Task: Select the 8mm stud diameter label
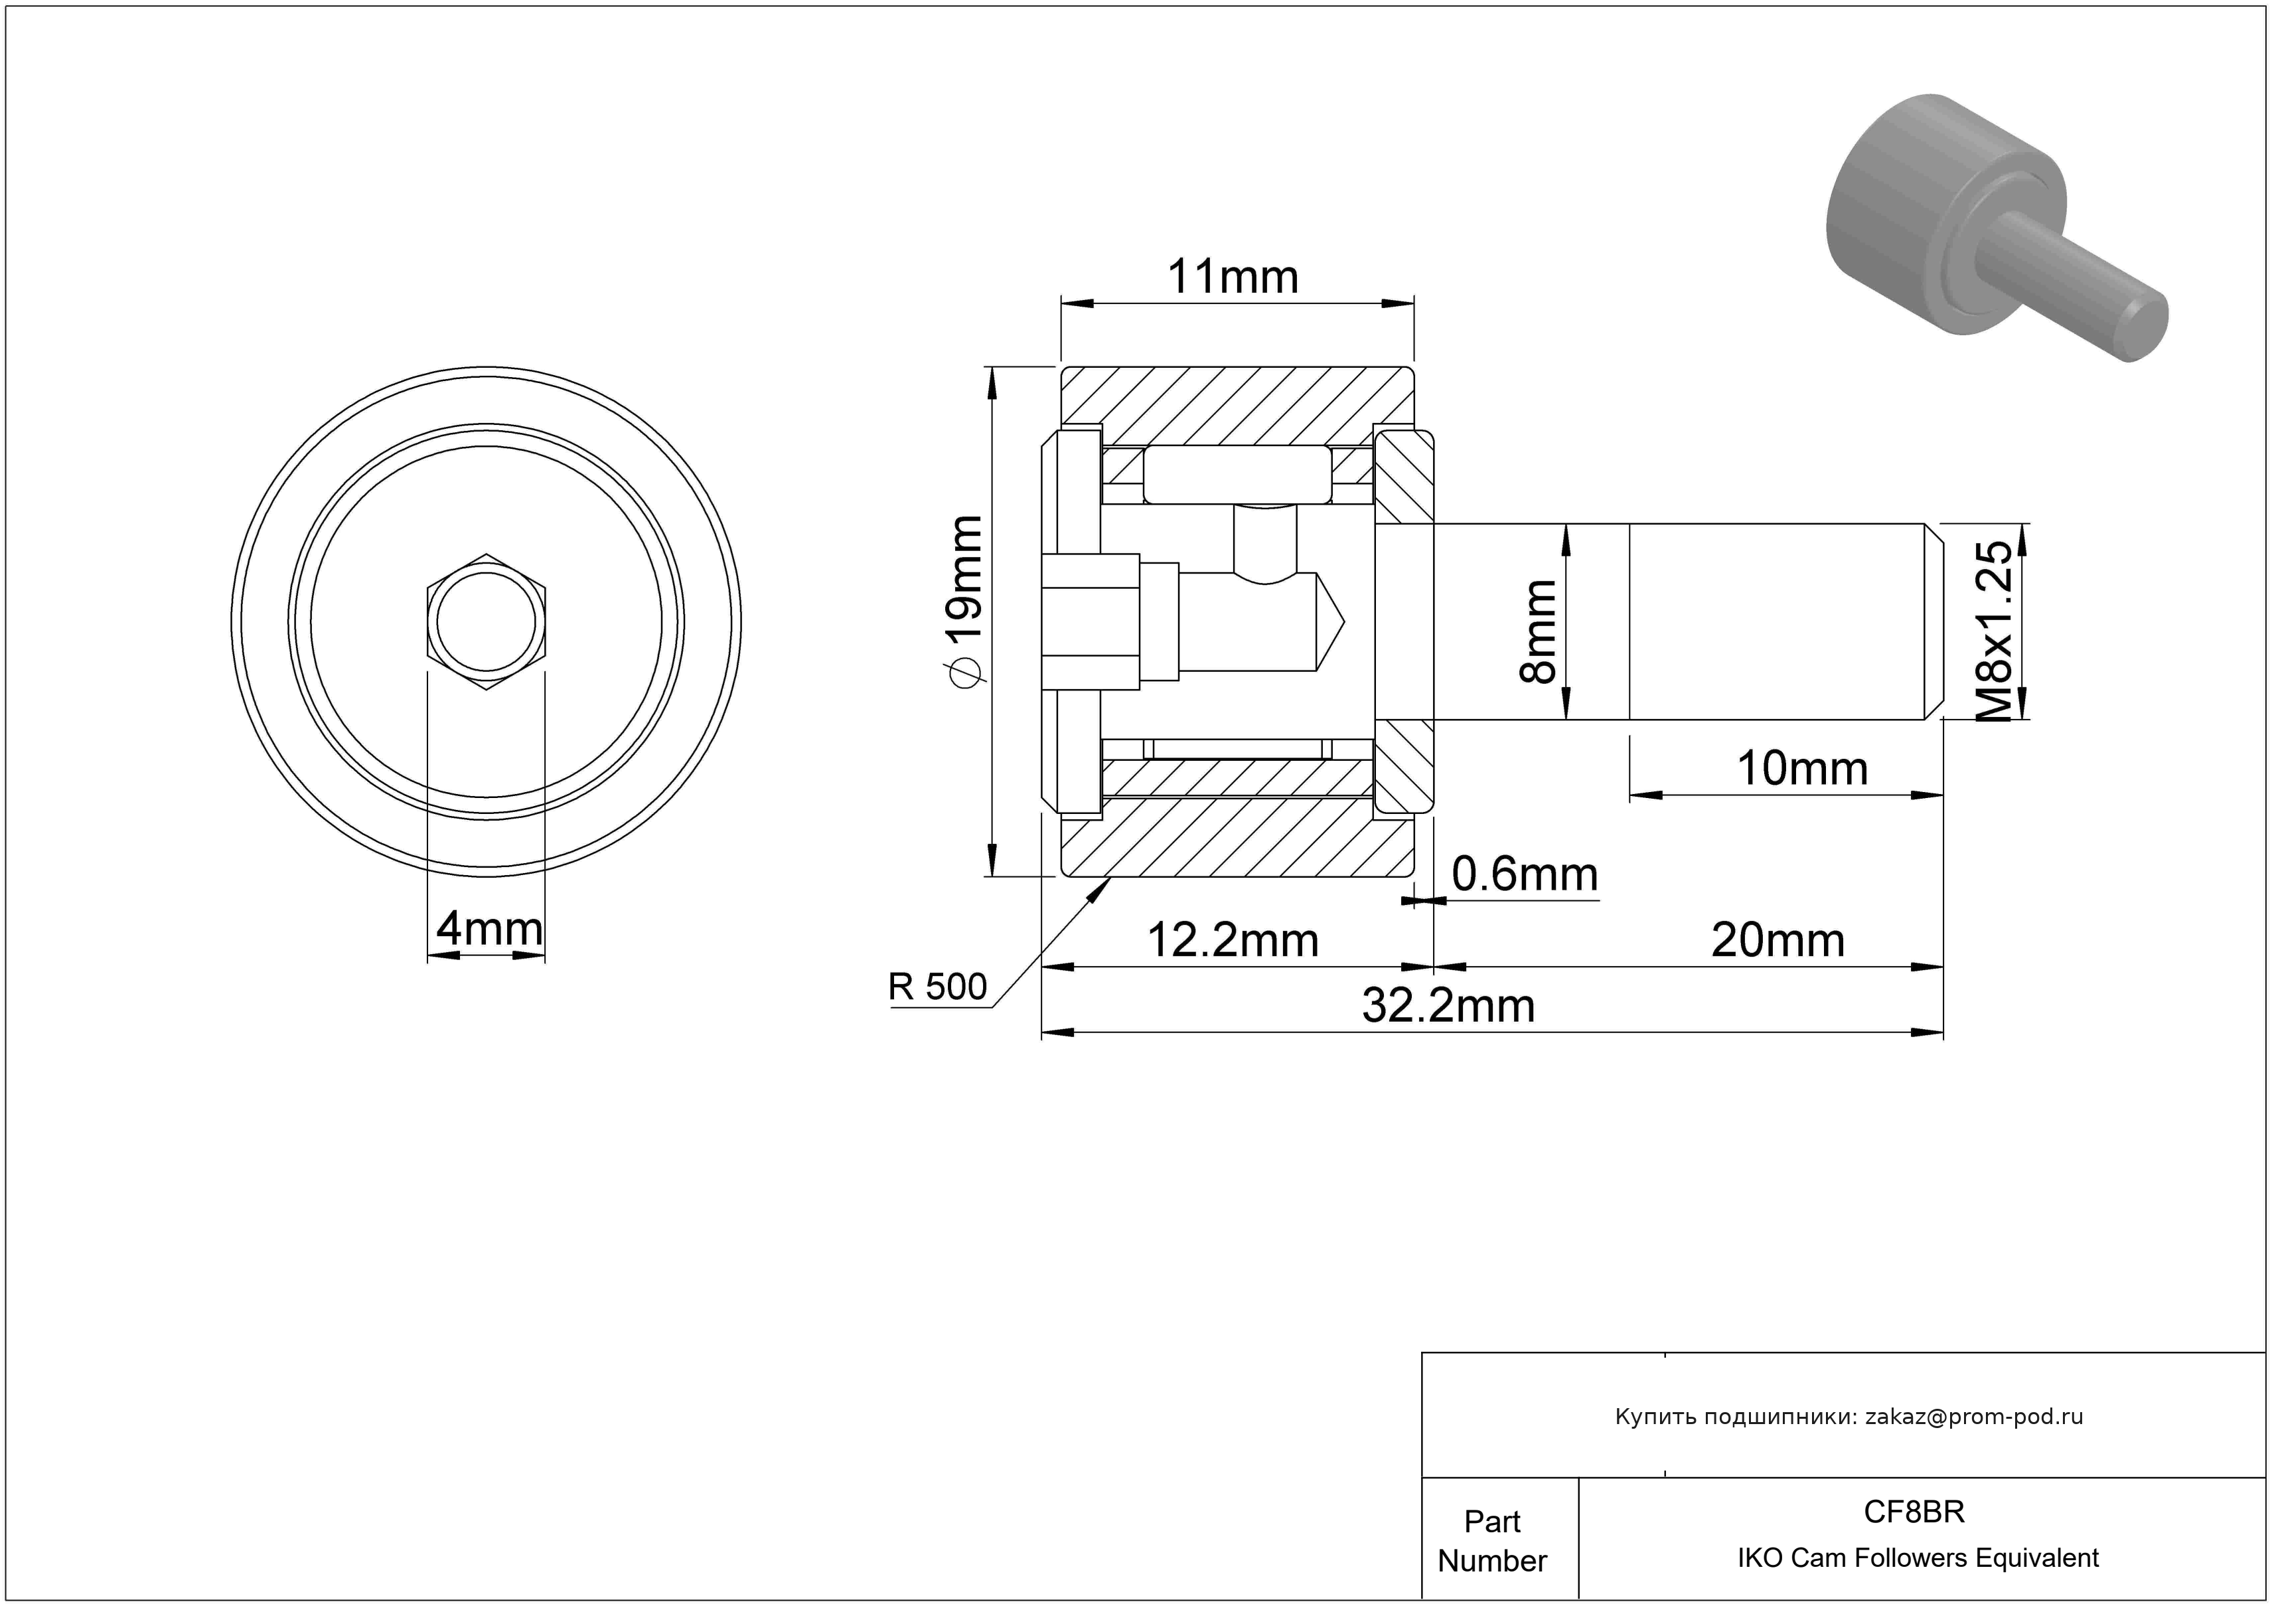1539,631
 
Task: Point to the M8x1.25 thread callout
1993,631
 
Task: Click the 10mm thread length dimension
1802,769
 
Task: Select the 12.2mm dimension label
1232,940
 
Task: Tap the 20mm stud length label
1778,940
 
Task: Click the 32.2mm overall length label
1449,1006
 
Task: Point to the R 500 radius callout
937,987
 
